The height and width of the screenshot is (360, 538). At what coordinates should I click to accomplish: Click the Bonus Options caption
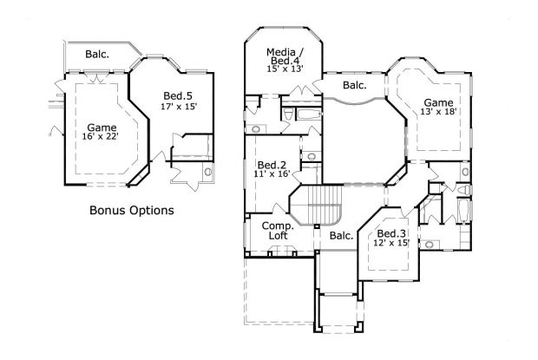tap(132, 210)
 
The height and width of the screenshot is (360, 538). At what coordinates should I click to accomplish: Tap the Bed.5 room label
tap(178, 95)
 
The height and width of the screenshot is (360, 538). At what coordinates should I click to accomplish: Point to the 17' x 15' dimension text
tap(178, 107)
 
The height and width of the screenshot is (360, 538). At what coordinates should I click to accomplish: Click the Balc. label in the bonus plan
tap(97, 55)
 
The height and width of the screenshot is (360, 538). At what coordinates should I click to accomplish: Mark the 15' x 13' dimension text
tap(284, 69)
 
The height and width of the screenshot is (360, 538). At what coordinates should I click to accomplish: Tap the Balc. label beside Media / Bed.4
tap(354, 85)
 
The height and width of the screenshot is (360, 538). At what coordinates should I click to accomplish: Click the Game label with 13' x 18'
tap(436, 102)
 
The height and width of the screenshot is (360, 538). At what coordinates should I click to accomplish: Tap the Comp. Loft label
tap(278, 230)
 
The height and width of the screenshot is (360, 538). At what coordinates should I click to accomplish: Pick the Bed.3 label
tap(391, 233)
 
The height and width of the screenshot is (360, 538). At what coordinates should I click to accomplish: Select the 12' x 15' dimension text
tap(391, 244)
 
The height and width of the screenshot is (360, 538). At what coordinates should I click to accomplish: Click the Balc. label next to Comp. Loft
tap(341, 235)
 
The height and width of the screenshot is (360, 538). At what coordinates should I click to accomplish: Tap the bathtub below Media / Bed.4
tap(308, 115)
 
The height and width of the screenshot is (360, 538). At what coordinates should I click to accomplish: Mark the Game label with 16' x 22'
tap(102, 128)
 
